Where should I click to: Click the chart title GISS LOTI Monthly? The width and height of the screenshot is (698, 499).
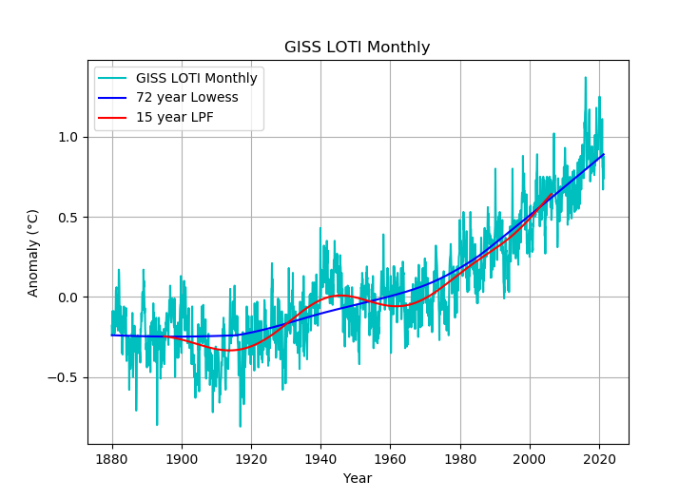click(358, 48)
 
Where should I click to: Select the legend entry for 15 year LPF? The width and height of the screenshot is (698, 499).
click(175, 117)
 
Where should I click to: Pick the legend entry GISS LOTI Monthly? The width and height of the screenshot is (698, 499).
click(197, 78)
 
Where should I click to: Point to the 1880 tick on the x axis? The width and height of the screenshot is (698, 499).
click(112, 457)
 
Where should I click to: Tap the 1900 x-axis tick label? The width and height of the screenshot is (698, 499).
click(182, 457)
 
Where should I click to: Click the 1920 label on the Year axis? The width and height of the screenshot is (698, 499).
click(251, 457)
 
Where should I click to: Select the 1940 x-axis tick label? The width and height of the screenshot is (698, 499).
click(320, 457)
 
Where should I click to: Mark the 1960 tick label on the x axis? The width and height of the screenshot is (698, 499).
click(391, 457)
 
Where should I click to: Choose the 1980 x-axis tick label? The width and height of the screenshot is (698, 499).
click(460, 457)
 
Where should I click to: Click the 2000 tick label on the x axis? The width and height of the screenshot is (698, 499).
click(530, 457)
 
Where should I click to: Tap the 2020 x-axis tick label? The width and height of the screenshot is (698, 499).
click(599, 457)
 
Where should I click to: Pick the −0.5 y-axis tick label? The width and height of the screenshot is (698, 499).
click(66, 377)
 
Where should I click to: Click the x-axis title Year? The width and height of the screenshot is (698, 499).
click(358, 478)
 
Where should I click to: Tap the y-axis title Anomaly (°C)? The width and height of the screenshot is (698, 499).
click(33, 253)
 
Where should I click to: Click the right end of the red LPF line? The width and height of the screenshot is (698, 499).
click(552, 195)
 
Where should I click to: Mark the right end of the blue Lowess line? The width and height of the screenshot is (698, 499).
click(603, 154)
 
